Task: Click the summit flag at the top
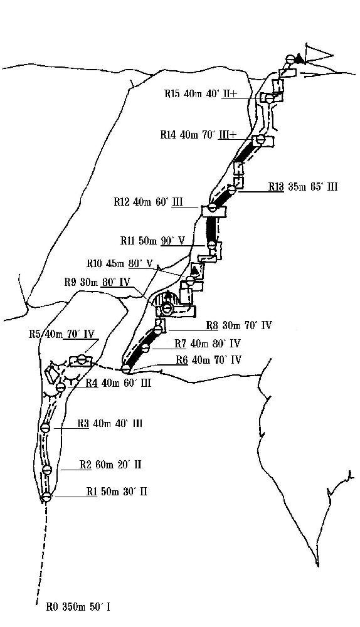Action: (x=318, y=55)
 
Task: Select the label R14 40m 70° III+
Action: (x=199, y=135)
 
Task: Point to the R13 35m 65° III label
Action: (x=303, y=186)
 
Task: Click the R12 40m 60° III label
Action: (x=148, y=201)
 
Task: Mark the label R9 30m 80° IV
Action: (x=97, y=282)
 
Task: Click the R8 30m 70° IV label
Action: (x=239, y=325)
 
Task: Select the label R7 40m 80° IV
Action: (x=208, y=344)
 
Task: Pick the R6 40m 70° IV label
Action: (x=209, y=360)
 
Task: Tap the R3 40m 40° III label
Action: (x=110, y=423)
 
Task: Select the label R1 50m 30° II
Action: (x=117, y=491)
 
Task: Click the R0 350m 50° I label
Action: (x=78, y=608)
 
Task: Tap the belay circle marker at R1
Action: (x=47, y=497)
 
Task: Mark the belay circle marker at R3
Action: (x=46, y=428)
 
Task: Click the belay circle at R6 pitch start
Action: (x=126, y=368)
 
